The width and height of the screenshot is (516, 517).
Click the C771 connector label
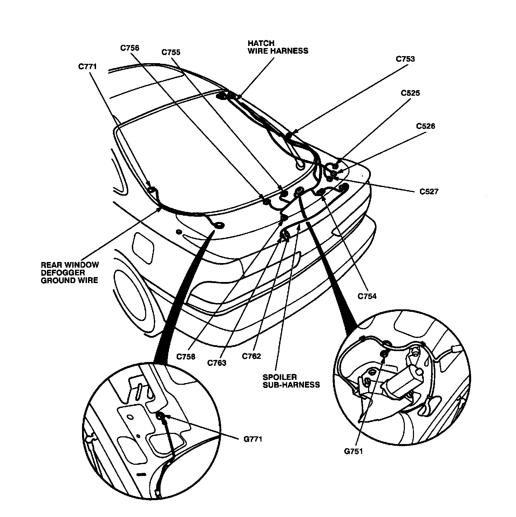(87, 66)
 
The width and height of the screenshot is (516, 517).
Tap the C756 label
(130, 48)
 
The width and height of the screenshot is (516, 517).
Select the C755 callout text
(171, 52)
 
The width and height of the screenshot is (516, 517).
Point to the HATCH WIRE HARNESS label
(278, 47)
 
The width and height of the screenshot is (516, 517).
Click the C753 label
(405, 59)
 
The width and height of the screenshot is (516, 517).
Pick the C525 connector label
(410, 93)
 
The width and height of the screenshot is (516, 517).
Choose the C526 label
(426, 126)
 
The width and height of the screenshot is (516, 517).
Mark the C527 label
(429, 192)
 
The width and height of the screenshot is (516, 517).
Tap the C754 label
(367, 296)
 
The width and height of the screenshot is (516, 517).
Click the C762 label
(251, 356)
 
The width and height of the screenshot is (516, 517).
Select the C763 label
(217, 363)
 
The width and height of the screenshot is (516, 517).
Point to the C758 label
(186, 357)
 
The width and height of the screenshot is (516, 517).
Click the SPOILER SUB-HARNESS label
(291, 381)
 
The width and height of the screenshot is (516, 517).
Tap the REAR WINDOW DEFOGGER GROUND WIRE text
(70, 273)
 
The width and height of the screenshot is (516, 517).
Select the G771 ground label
(252, 439)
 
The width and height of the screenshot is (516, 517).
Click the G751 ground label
(353, 451)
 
